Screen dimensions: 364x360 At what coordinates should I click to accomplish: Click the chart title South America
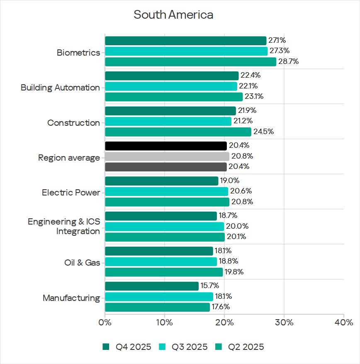point(173,15)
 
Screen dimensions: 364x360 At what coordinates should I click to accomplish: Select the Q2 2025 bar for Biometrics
point(190,62)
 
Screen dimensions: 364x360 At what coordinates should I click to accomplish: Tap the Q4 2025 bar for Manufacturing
point(152,286)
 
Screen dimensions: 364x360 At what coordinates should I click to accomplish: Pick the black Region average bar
point(166,146)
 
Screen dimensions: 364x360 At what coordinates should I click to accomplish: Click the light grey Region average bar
point(167,156)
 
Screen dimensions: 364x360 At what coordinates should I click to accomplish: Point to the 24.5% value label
point(263,132)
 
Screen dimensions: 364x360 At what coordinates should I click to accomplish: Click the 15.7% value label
point(210,286)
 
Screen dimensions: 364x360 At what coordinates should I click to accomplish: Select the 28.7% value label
point(288,62)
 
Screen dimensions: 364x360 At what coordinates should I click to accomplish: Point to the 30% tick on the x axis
point(284,322)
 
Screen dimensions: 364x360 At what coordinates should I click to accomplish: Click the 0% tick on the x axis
point(105,322)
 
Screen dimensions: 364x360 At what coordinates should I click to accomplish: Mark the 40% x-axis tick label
point(343,322)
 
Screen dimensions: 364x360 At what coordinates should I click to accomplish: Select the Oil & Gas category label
point(82,263)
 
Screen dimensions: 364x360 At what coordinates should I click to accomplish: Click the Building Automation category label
point(61,88)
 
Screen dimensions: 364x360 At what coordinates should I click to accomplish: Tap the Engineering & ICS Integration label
point(64,226)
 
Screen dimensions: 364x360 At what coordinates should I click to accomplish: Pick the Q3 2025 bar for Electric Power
point(166,191)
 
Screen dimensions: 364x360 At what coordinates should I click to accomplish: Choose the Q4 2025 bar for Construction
point(170,111)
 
